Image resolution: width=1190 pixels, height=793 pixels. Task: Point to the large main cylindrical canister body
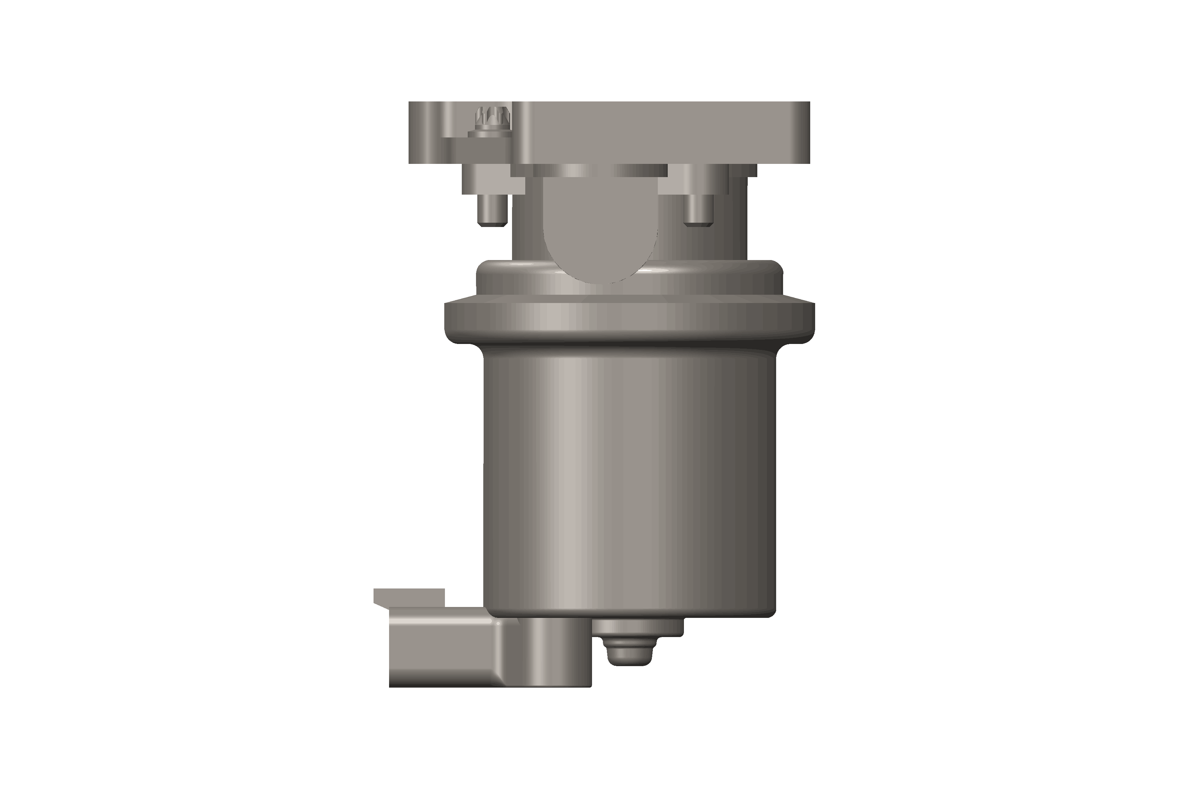click(630, 480)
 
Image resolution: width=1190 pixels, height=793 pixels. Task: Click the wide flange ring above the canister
click(630, 319)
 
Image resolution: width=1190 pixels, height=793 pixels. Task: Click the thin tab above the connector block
click(409, 595)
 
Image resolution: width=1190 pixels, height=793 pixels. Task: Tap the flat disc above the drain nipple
click(638, 627)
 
